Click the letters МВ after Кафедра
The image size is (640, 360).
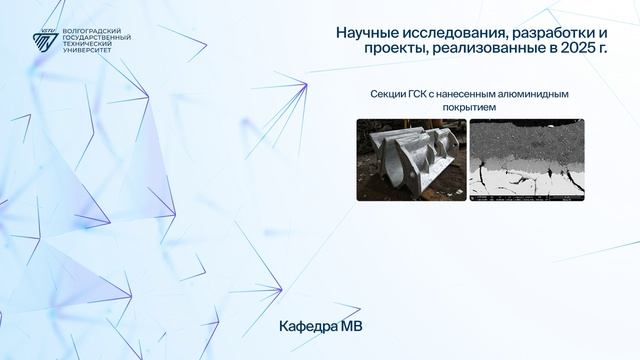[352, 327]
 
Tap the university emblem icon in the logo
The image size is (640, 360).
[44, 41]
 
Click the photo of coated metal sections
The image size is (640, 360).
[411, 159]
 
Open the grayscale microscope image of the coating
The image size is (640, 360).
[527, 159]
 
